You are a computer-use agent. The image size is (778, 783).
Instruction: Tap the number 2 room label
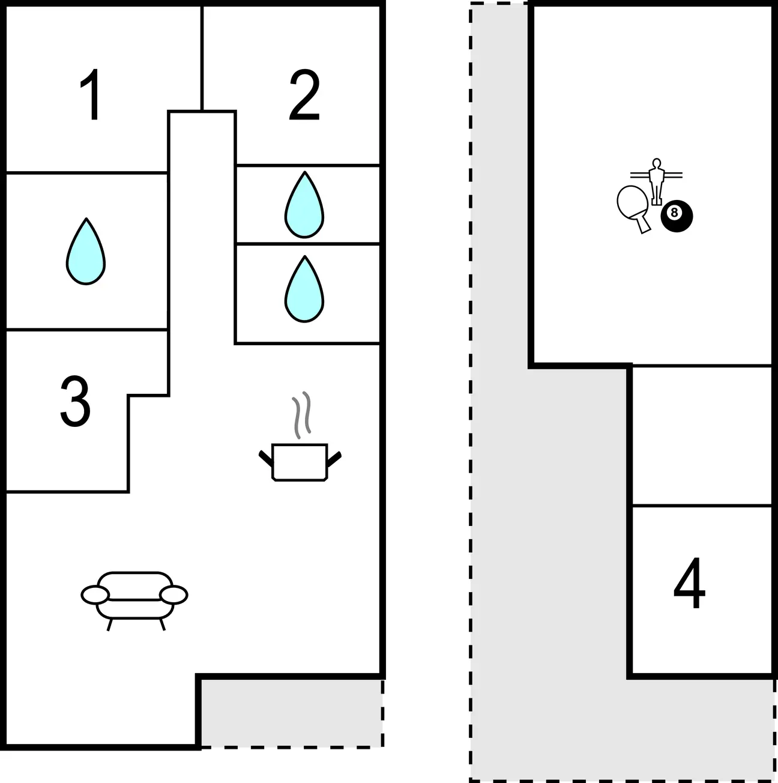[x=304, y=95]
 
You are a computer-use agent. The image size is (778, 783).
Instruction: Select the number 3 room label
[x=75, y=401]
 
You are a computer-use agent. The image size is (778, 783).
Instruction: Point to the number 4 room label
[x=689, y=583]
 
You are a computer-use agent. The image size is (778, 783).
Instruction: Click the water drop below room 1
[x=86, y=252]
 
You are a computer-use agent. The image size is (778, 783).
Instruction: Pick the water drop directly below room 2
[x=304, y=204]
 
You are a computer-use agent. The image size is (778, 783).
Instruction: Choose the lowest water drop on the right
[x=304, y=289]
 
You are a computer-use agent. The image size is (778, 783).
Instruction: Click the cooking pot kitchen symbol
[x=300, y=462]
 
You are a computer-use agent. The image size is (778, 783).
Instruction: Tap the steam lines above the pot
[x=301, y=415]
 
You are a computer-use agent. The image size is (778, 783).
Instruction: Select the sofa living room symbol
[x=134, y=601]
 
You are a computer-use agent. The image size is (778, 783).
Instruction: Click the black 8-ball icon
[x=677, y=216]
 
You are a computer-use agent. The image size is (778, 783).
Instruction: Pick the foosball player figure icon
[x=656, y=181]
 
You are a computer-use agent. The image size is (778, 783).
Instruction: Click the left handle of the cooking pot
[x=266, y=458]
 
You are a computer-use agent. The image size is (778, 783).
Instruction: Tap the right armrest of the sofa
[x=173, y=595]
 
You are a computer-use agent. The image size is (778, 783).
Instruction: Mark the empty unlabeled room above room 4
[x=702, y=436]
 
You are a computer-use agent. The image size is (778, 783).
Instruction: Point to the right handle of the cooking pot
[x=334, y=458]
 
